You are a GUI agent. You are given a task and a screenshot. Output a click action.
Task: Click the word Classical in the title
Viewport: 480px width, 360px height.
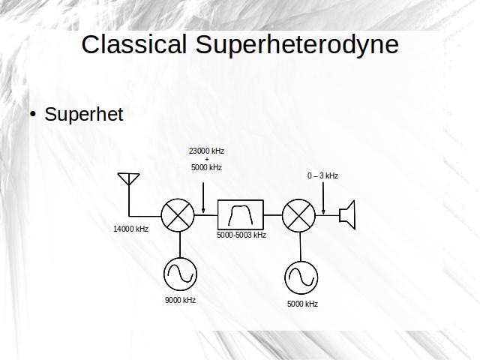[x=134, y=44]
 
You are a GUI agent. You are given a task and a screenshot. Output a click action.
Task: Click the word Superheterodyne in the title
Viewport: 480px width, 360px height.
[x=297, y=46]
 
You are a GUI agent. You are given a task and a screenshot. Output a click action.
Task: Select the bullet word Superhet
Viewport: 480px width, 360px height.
[x=83, y=114]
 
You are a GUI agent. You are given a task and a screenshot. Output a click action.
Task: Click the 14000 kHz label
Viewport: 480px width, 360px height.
[x=130, y=229]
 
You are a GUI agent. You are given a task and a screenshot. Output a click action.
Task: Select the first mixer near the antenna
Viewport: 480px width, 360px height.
[x=178, y=215]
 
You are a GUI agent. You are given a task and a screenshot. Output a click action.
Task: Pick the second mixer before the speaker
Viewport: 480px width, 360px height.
[x=298, y=215]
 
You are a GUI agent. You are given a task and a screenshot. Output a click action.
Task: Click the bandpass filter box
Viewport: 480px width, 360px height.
[x=241, y=214]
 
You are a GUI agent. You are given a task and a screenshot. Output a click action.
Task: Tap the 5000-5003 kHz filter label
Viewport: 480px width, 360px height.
[x=241, y=235]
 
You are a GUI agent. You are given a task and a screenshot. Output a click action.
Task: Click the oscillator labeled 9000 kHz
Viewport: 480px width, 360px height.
[x=180, y=274]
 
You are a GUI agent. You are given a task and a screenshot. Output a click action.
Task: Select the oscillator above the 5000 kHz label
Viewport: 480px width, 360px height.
[x=301, y=277]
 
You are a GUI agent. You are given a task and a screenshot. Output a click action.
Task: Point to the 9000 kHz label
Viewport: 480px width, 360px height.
[x=180, y=300]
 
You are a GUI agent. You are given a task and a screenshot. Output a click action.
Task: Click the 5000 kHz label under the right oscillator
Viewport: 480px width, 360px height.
[x=302, y=304]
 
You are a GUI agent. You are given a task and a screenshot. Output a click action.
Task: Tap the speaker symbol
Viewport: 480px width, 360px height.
[x=347, y=215]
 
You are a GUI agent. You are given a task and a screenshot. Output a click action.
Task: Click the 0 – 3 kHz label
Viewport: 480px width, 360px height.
[x=322, y=175]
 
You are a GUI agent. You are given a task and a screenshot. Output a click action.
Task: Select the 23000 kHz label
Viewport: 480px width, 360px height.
[x=207, y=151]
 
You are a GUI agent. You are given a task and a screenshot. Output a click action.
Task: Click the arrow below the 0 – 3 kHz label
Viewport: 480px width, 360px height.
[x=323, y=198]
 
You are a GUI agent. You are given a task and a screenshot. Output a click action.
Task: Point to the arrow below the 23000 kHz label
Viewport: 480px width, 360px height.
[x=203, y=198]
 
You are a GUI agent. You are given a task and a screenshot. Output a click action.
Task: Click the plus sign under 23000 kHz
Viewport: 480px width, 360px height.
[x=207, y=159]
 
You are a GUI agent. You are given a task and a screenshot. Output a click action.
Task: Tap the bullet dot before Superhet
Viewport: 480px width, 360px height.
[x=33, y=115]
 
